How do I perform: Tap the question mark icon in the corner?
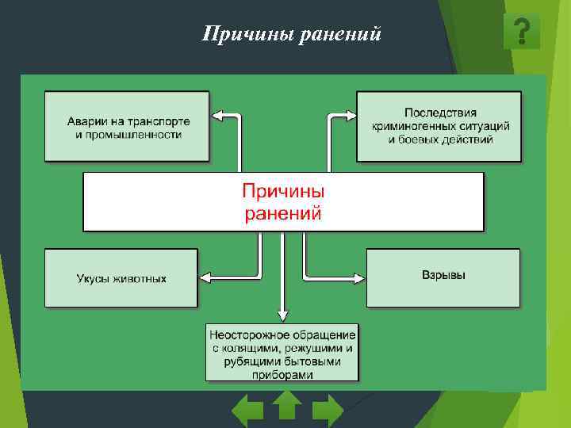[521, 32]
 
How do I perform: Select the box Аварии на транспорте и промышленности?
[127, 128]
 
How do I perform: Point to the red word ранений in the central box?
[283, 212]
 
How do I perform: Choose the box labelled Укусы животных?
[121, 278]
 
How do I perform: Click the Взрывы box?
[443, 277]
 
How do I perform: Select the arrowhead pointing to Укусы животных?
[205, 278]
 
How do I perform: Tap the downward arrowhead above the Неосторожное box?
[282, 315]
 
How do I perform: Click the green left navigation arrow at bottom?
[247, 411]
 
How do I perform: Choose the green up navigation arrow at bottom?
[287, 405]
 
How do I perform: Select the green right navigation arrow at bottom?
[327, 411]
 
